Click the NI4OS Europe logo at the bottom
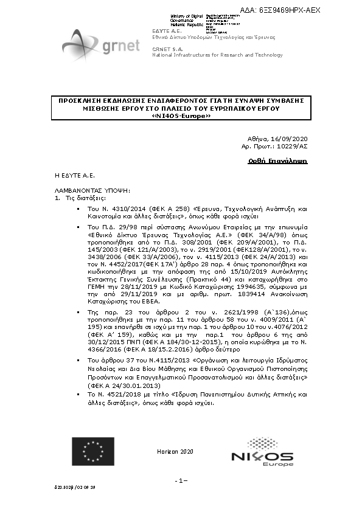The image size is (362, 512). [262, 458]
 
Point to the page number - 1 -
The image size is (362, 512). [181, 481]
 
